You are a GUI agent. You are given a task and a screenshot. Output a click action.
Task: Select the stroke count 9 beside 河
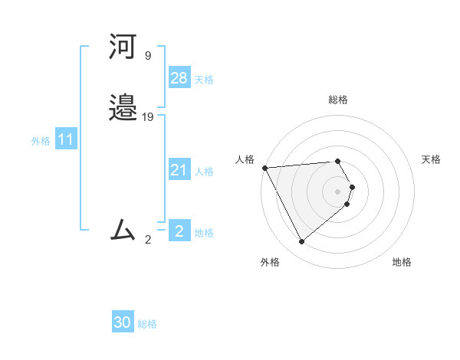click(147, 56)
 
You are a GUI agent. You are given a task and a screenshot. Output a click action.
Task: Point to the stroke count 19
click(148, 117)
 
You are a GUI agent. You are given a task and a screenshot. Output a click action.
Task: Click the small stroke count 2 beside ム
click(148, 239)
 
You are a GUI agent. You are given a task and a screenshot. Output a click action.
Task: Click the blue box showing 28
click(179, 77)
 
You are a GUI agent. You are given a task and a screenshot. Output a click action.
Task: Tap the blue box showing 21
click(179, 170)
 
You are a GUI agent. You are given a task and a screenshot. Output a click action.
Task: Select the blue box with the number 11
click(66, 140)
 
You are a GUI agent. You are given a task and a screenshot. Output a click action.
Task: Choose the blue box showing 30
click(123, 323)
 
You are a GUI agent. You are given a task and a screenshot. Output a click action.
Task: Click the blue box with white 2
click(179, 231)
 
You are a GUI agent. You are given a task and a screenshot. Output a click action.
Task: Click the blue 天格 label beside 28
click(204, 80)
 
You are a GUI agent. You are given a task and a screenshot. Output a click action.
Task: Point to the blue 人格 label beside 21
click(204, 172)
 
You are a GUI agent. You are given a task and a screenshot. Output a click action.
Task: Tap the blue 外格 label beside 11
click(41, 141)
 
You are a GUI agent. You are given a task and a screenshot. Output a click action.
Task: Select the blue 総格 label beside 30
click(147, 325)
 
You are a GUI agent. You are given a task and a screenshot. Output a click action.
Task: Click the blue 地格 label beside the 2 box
click(204, 233)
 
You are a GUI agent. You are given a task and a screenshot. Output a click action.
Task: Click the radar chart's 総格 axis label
click(338, 100)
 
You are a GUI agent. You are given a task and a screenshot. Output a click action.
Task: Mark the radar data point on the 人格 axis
click(264, 168)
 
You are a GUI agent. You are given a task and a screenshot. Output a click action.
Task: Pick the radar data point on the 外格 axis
click(301, 242)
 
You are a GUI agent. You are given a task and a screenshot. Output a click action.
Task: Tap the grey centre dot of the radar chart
click(338, 191)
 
